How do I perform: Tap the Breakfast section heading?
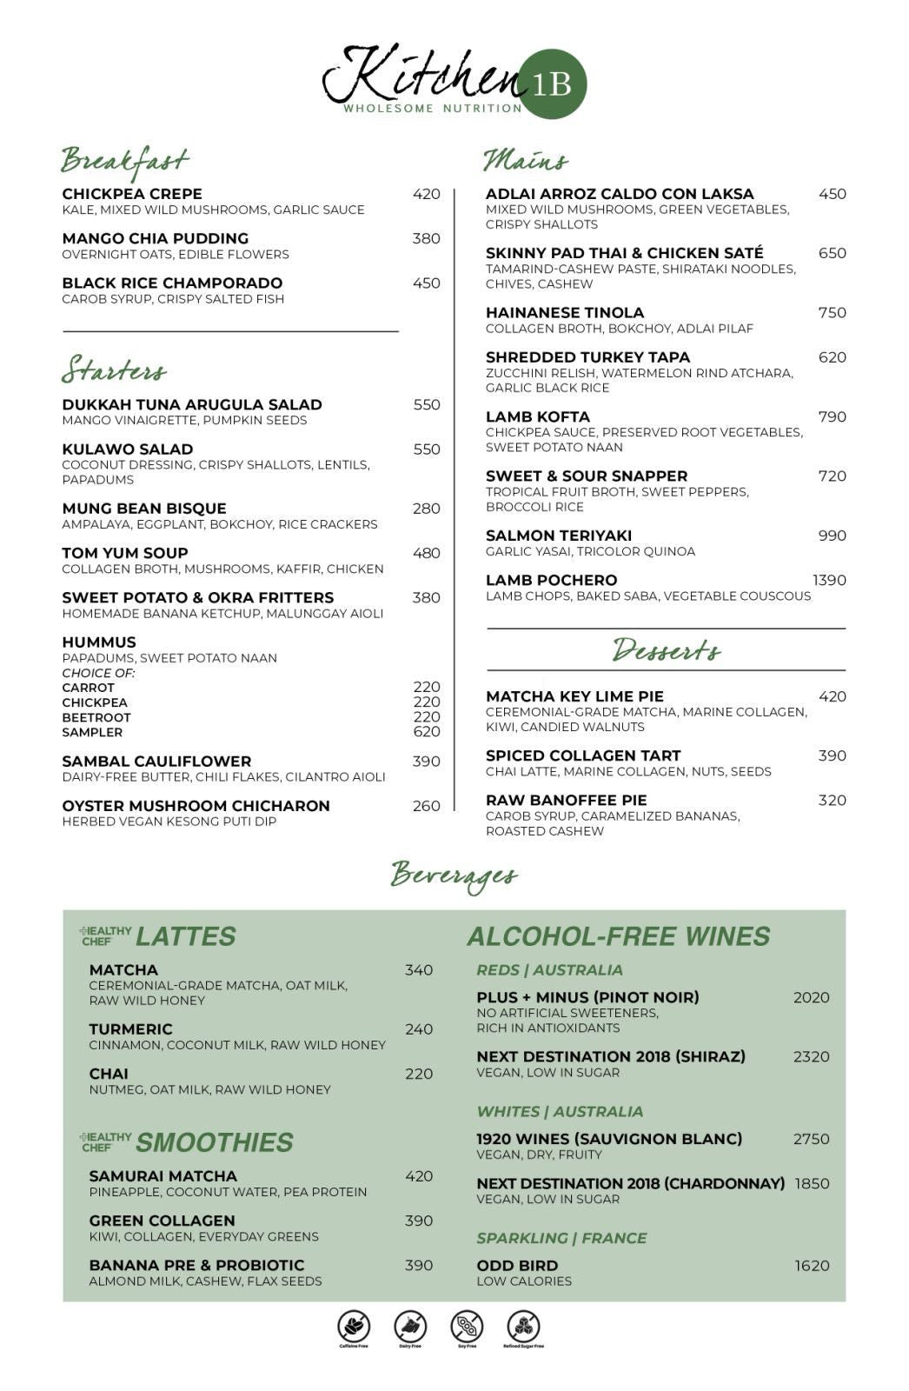coord(124,161)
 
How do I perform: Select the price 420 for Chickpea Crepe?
coord(426,194)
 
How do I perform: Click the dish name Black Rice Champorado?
coord(172,283)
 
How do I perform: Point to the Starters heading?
coord(114,369)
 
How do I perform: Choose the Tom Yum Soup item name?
coord(125,553)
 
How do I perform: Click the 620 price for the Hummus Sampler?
coord(426,732)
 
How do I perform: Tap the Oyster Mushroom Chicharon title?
coord(196,806)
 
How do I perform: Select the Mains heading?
coord(525,161)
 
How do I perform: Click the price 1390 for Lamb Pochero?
coord(828,580)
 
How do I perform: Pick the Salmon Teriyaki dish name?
coord(559,536)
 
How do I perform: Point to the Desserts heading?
coord(666,650)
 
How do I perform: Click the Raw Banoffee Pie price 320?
coord(832,800)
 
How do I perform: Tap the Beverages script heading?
coord(454,875)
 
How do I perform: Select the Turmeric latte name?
coord(130,1029)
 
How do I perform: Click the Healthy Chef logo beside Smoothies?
coord(105,1141)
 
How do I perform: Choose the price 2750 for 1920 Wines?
coord(811,1139)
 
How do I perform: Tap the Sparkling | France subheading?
coord(561,1238)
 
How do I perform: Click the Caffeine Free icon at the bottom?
coord(354,1328)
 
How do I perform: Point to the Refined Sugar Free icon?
coord(523,1328)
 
